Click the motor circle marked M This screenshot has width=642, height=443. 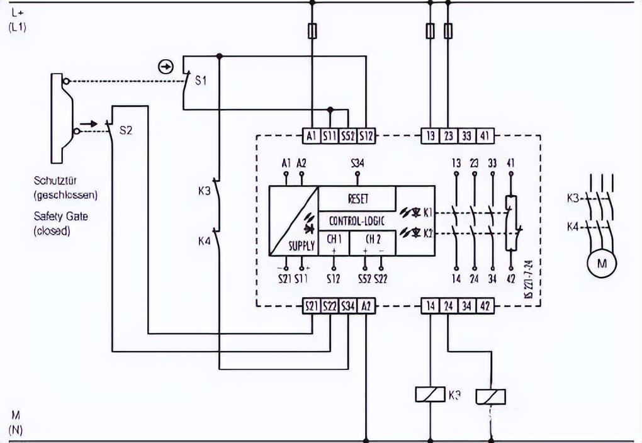pyautogui.click(x=602, y=265)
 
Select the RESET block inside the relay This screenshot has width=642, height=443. pyautogui.click(x=358, y=199)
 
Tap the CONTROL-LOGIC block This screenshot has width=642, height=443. pyautogui.click(x=357, y=221)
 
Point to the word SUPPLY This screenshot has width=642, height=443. pyautogui.click(x=301, y=246)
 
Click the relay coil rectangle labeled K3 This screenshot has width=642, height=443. pyautogui.click(x=431, y=395)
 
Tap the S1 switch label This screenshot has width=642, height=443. pyautogui.click(x=200, y=81)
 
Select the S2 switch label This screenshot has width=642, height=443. pyautogui.click(x=126, y=131)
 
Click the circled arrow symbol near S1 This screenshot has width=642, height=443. pyautogui.click(x=165, y=67)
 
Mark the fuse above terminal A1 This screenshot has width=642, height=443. pyautogui.click(x=312, y=30)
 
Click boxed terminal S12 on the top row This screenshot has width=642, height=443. pyautogui.click(x=366, y=135)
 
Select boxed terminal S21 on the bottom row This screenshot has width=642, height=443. pyautogui.click(x=312, y=306)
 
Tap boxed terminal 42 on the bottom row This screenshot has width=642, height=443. pyautogui.click(x=485, y=306)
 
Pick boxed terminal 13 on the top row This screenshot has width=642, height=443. pyautogui.click(x=430, y=135)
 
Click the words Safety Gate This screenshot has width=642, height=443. pyautogui.click(x=61, y=216)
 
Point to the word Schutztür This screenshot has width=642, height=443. pyautogui.click(x=56, y=181)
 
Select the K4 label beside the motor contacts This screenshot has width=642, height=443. pyautogui.click(x=573, y=225)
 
